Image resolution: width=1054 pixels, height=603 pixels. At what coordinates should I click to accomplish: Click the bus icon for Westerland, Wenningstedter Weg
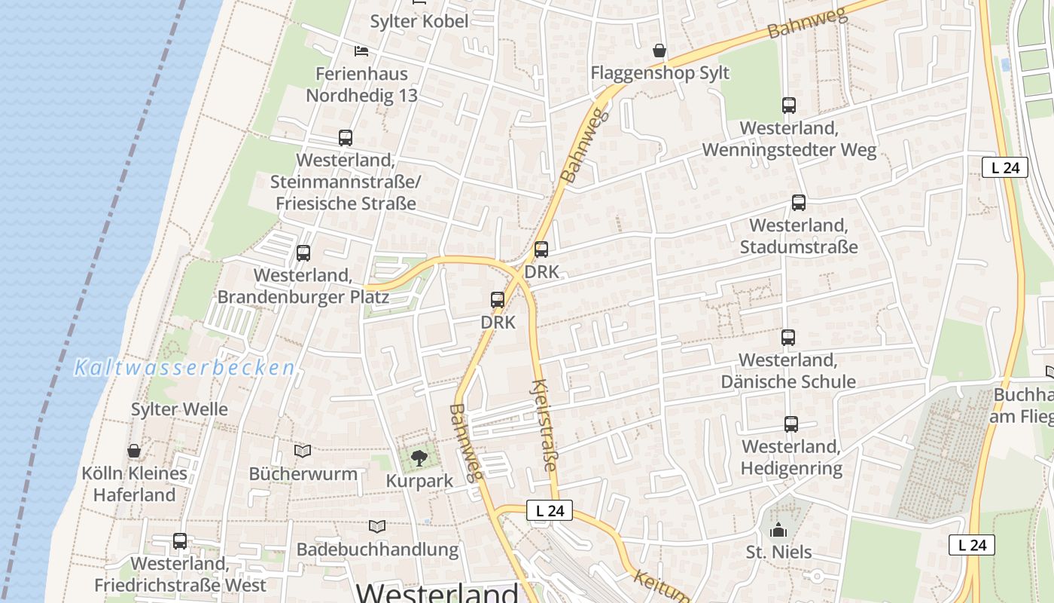pos(788,106)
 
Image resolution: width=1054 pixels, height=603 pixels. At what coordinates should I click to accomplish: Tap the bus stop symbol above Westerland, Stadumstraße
pos(798,203)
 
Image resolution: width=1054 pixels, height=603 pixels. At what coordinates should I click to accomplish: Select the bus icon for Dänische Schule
pos(787,338)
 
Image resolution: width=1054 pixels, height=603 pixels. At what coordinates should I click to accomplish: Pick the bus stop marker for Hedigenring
pos(790,424)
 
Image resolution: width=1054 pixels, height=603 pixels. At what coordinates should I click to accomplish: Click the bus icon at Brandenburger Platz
pos(303,253)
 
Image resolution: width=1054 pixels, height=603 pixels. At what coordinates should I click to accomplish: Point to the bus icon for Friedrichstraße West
pos(179,541)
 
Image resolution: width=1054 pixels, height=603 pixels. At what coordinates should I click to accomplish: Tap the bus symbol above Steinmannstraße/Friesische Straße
pos(345,138)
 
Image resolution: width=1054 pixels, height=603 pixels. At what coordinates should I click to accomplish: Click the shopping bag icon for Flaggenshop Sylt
pos(659,51)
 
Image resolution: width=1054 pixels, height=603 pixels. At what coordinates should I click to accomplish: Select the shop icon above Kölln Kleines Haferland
pos(134,451)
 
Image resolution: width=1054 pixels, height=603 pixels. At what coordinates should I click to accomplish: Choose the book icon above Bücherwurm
pos(303,451)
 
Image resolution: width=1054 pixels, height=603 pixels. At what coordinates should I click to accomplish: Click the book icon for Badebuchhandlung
pos(377,526)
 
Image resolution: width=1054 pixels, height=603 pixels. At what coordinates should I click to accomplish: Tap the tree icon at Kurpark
pos(419,458)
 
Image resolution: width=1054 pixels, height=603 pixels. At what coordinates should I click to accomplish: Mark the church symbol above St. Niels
pos(778,530)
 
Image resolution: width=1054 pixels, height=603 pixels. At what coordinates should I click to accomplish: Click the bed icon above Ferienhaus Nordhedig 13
pos(361,51)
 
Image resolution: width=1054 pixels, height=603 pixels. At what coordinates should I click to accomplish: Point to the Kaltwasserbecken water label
pos(184,368)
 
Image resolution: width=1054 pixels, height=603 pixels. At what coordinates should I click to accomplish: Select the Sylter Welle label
pos(179,409)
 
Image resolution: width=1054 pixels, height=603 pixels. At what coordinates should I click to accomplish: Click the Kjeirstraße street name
pos(544,425)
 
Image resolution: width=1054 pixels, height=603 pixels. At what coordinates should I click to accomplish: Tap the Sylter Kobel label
pos(419,21)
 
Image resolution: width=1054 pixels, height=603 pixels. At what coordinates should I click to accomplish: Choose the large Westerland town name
pos(437,592)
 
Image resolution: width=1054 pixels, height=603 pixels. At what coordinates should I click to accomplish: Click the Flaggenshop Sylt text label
pos(660,73)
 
